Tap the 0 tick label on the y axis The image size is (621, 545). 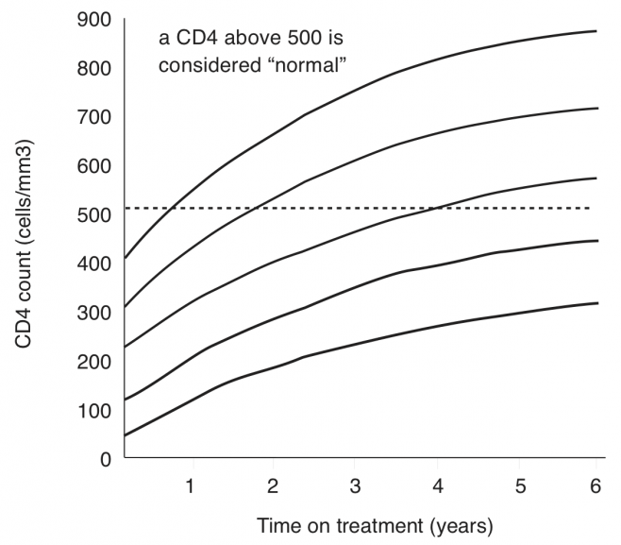(x=107, y=460)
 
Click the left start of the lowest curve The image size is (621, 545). (x=125, y=436)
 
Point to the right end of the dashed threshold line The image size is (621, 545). (x=590, y=208)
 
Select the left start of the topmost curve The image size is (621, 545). (x=125, y=258)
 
